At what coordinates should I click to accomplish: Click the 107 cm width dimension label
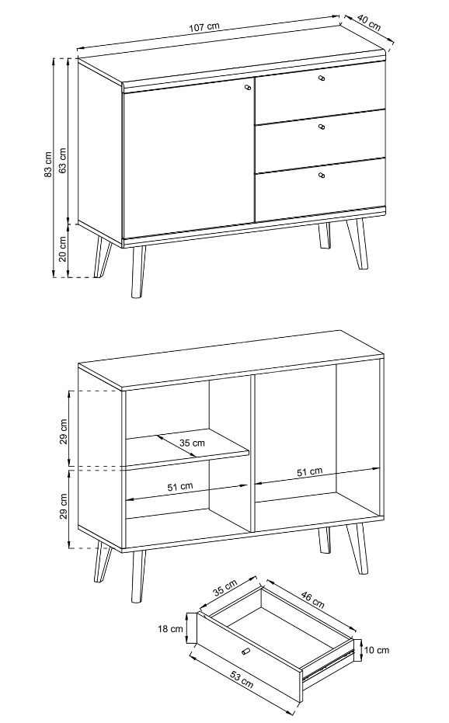click(204, 26)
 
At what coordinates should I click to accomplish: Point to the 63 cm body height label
click(62, 160)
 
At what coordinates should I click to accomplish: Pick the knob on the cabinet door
click(249, 87)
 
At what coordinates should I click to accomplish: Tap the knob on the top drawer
click(322, 78)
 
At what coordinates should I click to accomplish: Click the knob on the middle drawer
click(322, 127)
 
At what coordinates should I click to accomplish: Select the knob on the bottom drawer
click(322, 175)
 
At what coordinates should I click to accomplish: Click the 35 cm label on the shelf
click(192, 443)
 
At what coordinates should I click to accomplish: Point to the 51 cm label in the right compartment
click(309, 471)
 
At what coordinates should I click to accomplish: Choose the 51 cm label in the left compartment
click(180, 486)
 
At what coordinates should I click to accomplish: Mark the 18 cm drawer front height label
click(170, 628)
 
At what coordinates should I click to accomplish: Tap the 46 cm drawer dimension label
click(312, 599)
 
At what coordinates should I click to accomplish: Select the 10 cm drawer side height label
click(377, 650)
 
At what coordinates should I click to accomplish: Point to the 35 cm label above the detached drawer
click(224, 587)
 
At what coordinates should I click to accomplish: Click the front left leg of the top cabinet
click(137, 272)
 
